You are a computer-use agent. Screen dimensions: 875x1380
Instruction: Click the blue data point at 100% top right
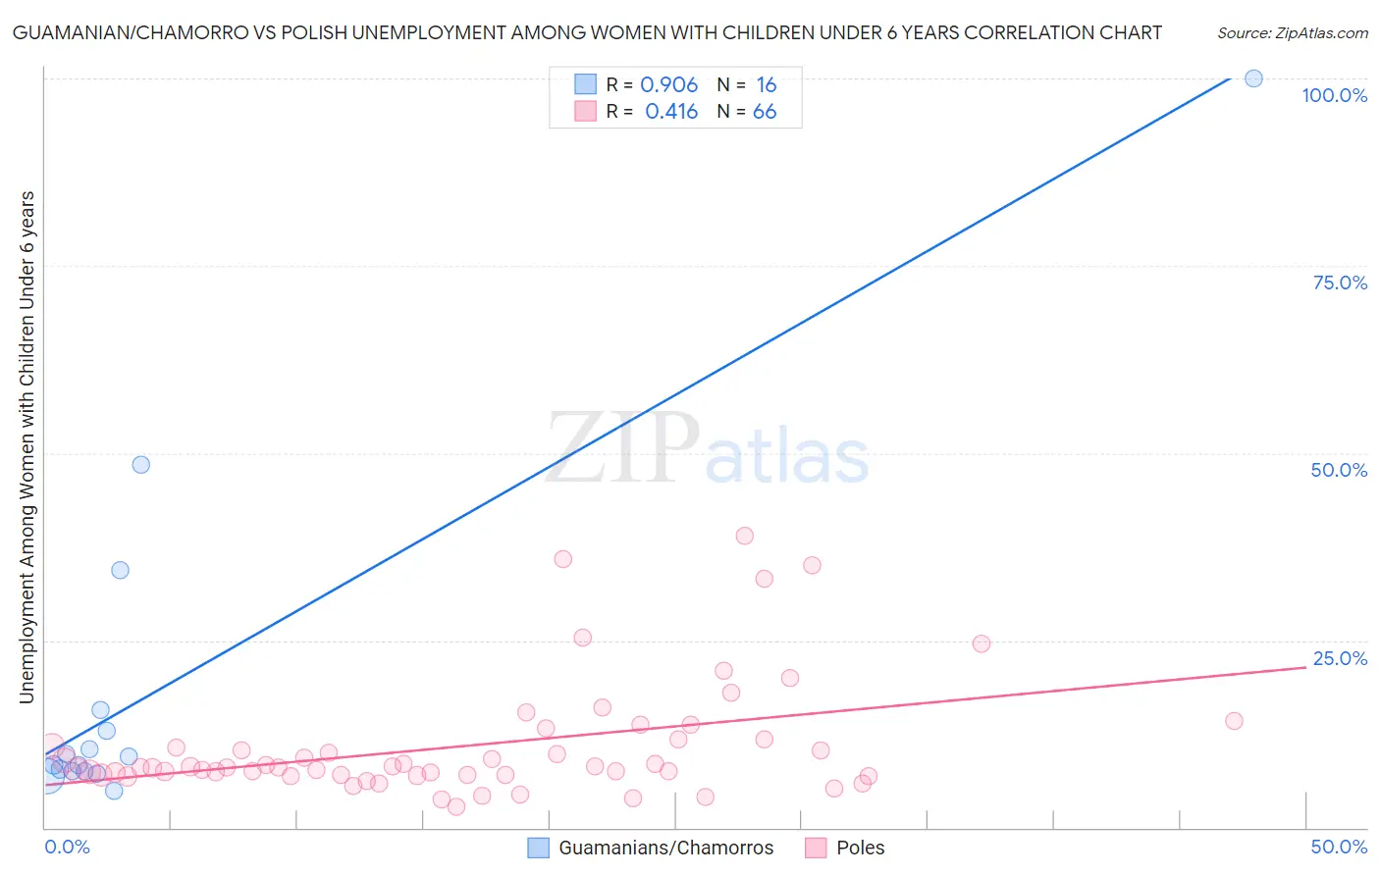pos(1253,78)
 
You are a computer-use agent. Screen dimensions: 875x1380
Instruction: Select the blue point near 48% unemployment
pos(141,465)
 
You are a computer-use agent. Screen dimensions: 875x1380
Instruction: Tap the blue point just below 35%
pos(120,570)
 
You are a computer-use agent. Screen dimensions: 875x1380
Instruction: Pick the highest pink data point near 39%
pos(744,536)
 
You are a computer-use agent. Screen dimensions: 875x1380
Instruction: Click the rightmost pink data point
pos(1234,721)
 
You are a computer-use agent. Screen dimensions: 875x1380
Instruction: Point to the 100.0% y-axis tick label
pos(1334,95)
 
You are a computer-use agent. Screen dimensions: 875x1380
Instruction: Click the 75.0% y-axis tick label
pos(1340,283)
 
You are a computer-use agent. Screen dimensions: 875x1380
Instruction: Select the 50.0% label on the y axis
pos(1339,470)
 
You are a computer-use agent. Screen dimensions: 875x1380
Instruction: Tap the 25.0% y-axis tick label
pos(1340,658)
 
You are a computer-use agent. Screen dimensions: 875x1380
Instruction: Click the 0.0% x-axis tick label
pos(67,847)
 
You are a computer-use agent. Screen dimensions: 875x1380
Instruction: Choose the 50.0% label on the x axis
pos(1339,847)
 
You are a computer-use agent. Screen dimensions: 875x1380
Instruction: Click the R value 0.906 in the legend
pos(668,85)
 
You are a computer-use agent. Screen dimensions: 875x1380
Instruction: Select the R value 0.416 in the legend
pos(671,112)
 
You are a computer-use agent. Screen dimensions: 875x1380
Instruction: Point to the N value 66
pos(765,112)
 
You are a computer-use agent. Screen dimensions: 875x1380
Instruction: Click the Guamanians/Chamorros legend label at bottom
pos(665,848)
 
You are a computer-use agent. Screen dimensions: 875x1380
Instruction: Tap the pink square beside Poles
pos(816,848)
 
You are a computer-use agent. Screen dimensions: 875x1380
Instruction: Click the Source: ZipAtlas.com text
pos(1292,32)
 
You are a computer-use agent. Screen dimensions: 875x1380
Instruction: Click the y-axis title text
pos(27,446)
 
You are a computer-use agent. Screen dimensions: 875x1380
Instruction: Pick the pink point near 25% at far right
pos(981,643)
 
